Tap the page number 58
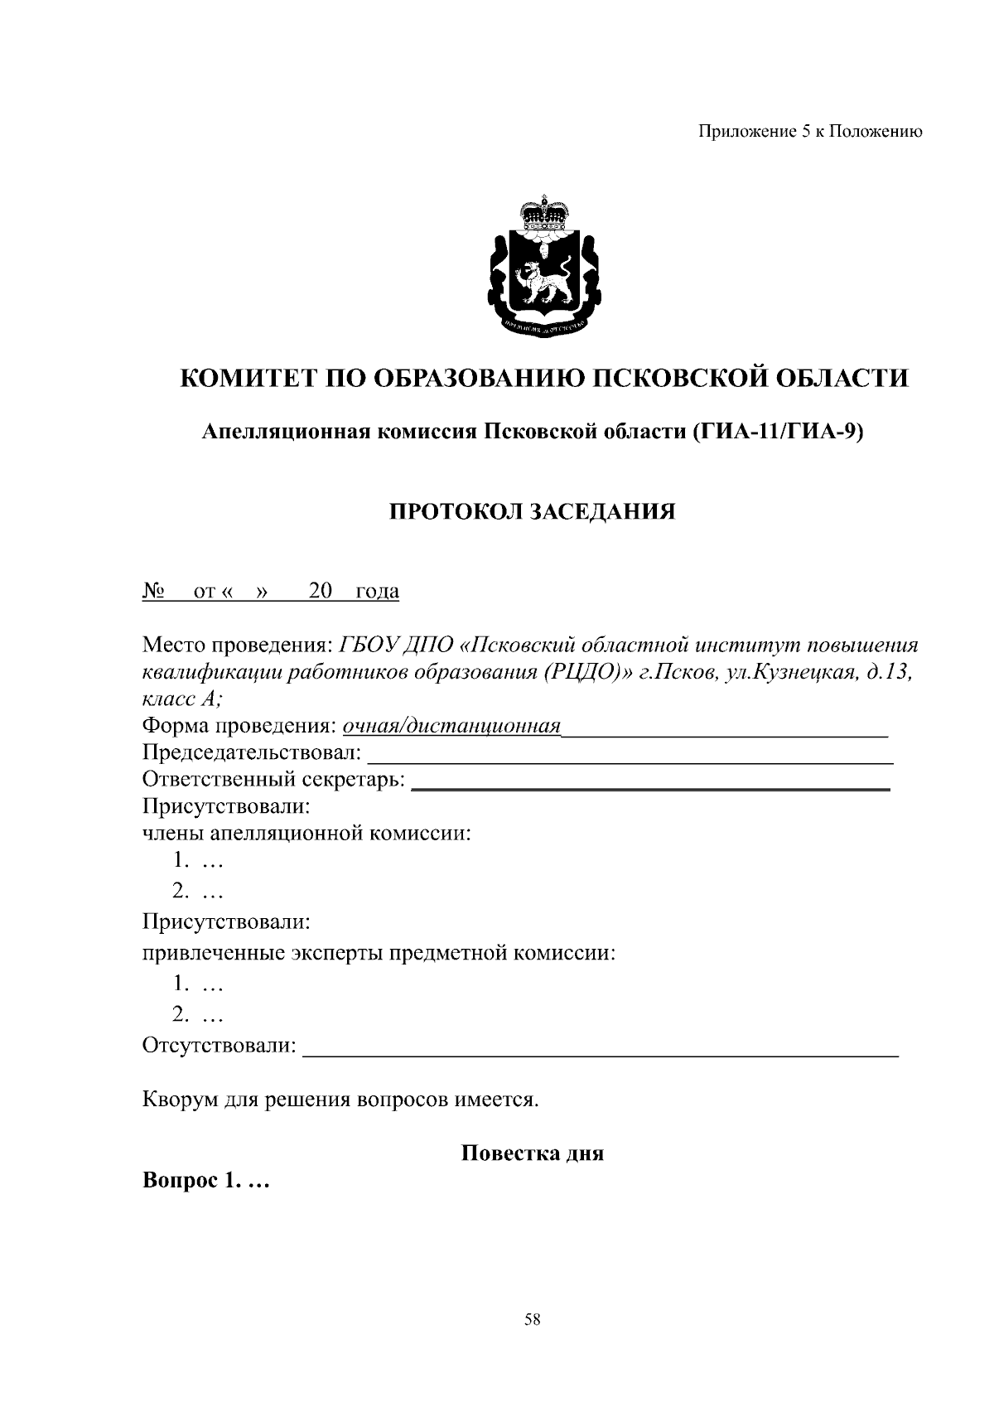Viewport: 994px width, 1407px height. (533, 1321)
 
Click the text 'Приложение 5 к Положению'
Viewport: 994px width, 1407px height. (810, 132)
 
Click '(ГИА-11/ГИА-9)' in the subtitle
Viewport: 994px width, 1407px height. (778, 432)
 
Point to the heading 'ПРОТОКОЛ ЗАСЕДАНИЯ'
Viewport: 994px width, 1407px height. (533, 511)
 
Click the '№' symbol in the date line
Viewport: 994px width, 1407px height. (153, 591)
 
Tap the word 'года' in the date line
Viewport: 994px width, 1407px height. (377, 591)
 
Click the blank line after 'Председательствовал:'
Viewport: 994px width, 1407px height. (630, 754)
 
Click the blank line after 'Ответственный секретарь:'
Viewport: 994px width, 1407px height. (650, 781)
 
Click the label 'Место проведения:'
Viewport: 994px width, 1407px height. (237, 645)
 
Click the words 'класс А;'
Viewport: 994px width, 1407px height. (182, 699)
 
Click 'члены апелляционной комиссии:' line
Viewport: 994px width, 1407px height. (306, 833)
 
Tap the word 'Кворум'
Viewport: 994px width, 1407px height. (180, 1100)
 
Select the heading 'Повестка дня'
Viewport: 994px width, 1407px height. (532, 1153)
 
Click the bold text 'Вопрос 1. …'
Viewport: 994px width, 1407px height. (206, 1180)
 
